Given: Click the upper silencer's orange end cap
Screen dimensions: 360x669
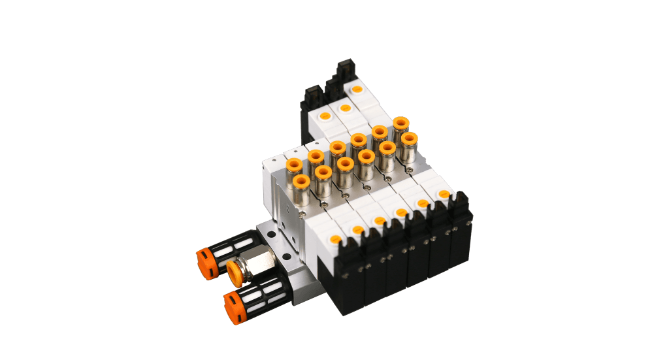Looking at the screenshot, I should [x=205, y=263].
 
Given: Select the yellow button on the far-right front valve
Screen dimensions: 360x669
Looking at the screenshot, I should [x=444, y=194].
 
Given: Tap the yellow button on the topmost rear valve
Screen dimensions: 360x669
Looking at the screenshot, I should [x=357, y=89].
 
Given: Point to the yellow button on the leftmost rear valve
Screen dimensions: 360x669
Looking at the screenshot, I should [x=323, y=116].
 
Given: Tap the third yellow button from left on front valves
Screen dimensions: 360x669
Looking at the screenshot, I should [x=379, y=221].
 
